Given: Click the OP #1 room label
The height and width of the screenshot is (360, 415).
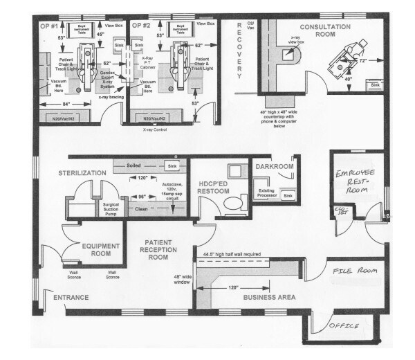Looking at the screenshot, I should [48, 26].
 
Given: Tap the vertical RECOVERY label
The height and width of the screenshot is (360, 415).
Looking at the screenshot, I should [239, 49].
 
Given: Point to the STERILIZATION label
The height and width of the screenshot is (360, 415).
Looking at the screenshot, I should [82, 172].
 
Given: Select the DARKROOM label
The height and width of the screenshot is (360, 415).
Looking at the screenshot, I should [275, 167].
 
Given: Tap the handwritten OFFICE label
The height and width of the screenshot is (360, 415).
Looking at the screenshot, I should [347, 324].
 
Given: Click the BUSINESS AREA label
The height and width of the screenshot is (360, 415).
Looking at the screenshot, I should [269, 297].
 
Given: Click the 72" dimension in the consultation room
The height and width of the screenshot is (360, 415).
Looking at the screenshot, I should [362, 61].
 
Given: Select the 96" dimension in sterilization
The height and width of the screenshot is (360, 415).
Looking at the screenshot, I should [142, 197].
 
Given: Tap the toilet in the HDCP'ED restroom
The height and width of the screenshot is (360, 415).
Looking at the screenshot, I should [233, 202].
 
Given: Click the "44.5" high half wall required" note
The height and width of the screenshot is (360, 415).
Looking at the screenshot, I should [231, 255].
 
